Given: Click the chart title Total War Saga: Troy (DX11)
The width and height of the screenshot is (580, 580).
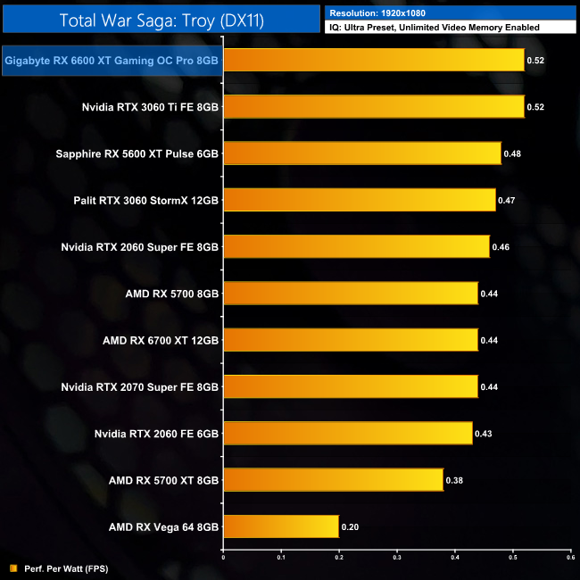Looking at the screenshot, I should (161, 20).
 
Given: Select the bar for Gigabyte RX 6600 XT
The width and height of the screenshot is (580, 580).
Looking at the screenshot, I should (373, 61).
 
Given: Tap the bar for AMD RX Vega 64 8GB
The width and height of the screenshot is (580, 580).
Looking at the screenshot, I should (280, 526).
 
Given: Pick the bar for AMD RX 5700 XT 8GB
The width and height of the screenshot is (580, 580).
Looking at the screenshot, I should (333, 480).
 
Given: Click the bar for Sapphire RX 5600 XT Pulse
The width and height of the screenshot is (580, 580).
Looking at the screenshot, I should (361, 153).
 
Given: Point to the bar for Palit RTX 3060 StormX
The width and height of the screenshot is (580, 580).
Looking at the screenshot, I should (359, 200).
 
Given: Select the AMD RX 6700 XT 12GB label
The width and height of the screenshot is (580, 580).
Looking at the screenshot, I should (161, 340).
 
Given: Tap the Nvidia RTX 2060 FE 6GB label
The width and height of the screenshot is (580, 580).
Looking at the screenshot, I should (156, 434).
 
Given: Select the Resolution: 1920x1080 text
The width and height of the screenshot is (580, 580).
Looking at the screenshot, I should (378, 13).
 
